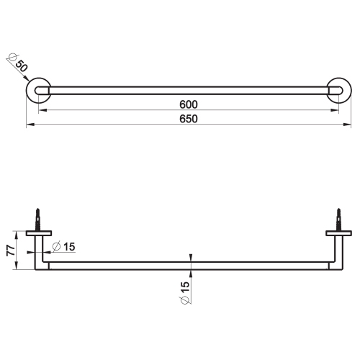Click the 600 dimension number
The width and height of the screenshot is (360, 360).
(189, 104)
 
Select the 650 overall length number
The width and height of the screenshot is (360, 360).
(189, 119)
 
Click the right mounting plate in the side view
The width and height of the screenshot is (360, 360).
(338, 233)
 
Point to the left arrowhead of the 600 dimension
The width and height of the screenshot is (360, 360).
(42, 110)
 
